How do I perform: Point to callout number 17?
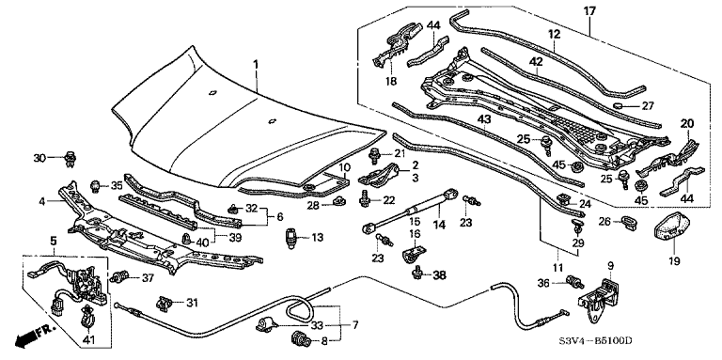tap(590, 10)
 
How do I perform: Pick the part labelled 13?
tap(291, 238)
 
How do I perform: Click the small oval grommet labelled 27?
tap(620, 107)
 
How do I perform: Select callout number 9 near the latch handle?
tap(610, 266)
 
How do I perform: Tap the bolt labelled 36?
tap(573, 282)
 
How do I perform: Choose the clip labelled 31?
tap(165, 304)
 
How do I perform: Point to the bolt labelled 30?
tap(71, 158)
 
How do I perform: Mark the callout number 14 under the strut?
tap(439, 225)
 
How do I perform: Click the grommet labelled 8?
tap(300, 341)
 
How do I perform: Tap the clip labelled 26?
tap(629, 222)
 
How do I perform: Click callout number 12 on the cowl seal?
tap(554, 34)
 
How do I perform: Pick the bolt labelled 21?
tap(374, 156)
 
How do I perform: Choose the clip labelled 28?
tap(339, 201)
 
